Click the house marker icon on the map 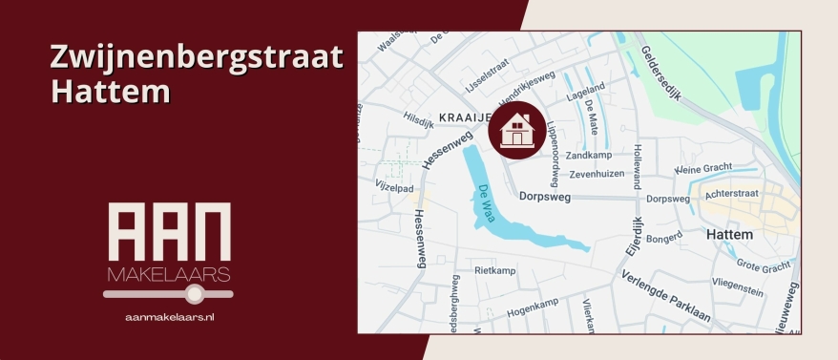point(515,130)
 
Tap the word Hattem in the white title point(110,93)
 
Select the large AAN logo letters point(168,232)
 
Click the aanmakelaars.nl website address point(169,315)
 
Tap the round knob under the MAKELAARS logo point(196,294)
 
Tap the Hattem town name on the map point(729,234)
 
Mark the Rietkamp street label point(494,270)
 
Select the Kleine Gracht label point(702,169)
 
